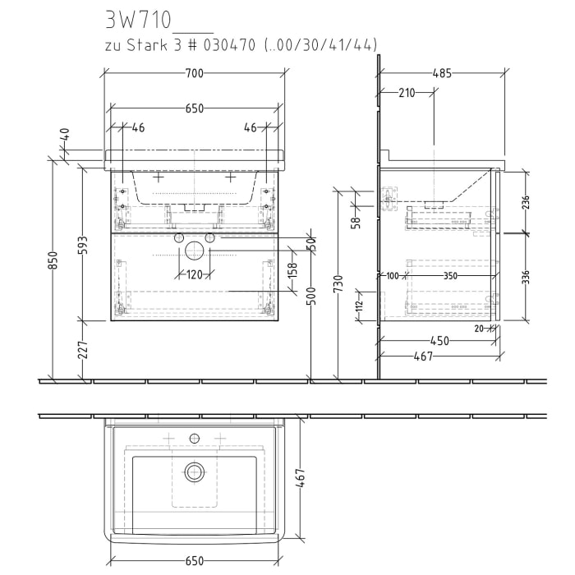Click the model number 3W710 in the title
tap(136, 17)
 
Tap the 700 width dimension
tap(194, 74)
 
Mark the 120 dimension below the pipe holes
tap(194, 274)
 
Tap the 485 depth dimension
tap(441, 74)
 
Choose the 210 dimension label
tap(406, 93)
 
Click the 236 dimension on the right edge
tap(525, 202)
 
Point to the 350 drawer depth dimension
tap(451, 277)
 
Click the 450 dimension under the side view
tap(439, 341)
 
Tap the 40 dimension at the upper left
tap(65, 140)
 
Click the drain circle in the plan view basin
tap(194, 471)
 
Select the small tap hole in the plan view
tap(195, 437)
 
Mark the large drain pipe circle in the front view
tap(194, 251)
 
